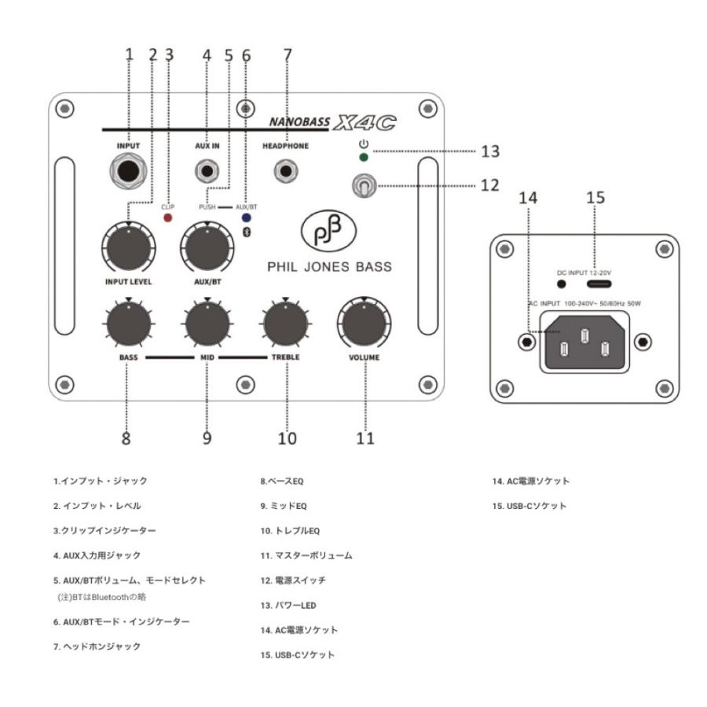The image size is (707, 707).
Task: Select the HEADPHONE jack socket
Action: tap(285, 170)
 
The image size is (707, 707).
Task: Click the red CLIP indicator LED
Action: tap(167, 216)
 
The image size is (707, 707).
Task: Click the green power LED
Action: tap(363, 157)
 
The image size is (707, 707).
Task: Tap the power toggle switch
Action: tap(364, 185)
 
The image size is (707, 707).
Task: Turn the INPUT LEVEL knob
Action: tap(127, 248)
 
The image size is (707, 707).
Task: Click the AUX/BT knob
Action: tap(207, 248)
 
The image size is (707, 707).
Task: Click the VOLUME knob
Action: tap(364, 324)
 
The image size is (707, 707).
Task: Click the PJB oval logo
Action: tap(329, 233)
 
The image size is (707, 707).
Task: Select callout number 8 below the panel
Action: tap(127, 438)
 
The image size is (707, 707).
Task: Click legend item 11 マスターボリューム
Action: tap(306, 555)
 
